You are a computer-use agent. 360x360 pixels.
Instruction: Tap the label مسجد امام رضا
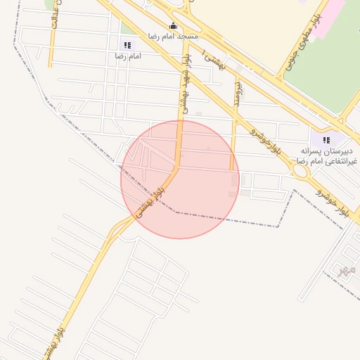click(173, 36)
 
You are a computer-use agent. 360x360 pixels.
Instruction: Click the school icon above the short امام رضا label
click(127, 45)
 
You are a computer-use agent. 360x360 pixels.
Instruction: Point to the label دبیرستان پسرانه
click(326, 151)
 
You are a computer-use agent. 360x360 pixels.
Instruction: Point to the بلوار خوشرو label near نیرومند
click(269, 141)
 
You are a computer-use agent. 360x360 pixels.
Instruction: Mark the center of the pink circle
click(180, 179)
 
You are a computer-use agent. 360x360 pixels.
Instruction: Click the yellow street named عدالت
click(49, 49)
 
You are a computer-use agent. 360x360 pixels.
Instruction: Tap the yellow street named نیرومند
click(232, 141)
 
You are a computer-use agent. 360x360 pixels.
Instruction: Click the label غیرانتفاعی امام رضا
click(327, 162)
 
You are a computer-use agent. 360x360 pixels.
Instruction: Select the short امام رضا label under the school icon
click(127, 56)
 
